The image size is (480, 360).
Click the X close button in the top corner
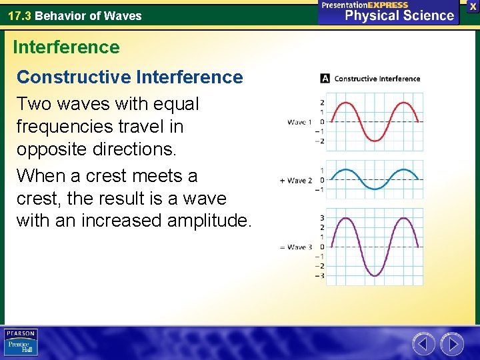click(x=473, y=5)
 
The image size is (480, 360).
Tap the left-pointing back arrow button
click(x=423, y=344)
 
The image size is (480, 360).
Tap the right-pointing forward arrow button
click(x=451, y=344)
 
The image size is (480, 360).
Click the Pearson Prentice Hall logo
click(x=21, y=343)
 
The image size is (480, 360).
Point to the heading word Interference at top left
click(x=66, y=47)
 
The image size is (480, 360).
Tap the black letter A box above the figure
click(x=325, y=78)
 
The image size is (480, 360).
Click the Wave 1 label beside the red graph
click(x=300, y=122)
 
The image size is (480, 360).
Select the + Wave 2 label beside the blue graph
click(x=297, y=180)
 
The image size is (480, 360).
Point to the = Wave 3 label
click(x=296, y=247)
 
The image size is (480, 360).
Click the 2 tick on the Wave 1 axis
click(x=322, y=103)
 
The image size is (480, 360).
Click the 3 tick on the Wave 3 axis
click(x=322, y=218)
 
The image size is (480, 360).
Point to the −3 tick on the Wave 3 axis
click(x=321, y=275)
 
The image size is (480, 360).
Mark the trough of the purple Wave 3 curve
click(x=377, y=275)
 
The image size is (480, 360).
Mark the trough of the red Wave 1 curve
click(x=377, y=141)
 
